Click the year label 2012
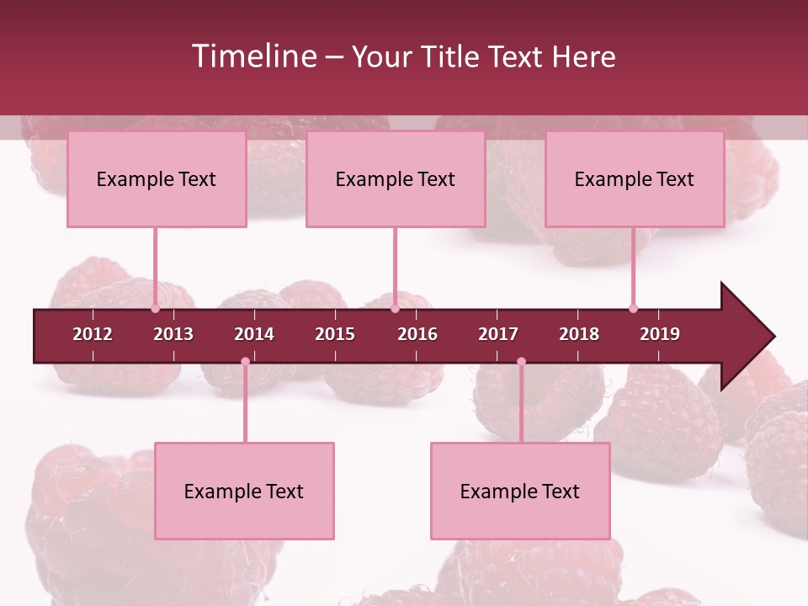[x=93, y=334]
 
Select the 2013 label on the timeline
[x=173, y=334]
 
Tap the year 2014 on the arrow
[x=254, y=334]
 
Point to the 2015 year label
[x=335, y=334]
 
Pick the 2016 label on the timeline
[x=417, y=334]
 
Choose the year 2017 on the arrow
[x=498, y=334]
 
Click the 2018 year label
[x=579, y=334]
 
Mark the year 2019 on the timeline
[x=660, y=334]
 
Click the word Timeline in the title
[x=252, y=56]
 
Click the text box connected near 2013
[x=157, y=178]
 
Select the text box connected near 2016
[x=396, y=178]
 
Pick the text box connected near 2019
[x=635, y=178]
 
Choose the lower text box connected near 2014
[x=244, y=491]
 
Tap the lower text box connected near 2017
[x=520, y=491]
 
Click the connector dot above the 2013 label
[x=155, y=309]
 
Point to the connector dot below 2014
[x=245, y=362]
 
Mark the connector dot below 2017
[x=521, y=362]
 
